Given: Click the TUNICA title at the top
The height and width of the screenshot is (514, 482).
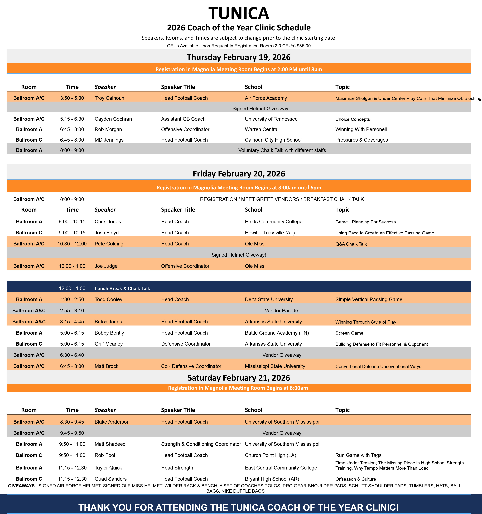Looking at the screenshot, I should [239, 13].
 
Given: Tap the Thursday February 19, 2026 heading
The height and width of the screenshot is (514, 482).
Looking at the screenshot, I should [239, 57].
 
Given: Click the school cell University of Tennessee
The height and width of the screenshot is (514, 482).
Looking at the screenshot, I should [271, 119].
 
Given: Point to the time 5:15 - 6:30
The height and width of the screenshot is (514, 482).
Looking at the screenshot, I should [72, 119].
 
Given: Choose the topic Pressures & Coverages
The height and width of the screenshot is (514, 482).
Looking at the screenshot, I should [361, 140].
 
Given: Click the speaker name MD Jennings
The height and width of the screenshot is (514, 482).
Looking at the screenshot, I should [109, 140].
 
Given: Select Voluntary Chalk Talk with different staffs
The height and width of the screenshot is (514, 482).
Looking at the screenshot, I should [282, 150].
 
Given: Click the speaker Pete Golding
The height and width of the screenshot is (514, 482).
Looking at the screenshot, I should [109, 244].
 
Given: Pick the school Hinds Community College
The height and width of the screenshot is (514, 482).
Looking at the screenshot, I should [273, 222].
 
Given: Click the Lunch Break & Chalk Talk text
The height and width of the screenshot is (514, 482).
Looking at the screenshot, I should [122, 289].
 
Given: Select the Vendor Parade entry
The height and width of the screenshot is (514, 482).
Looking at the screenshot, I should [281, 310].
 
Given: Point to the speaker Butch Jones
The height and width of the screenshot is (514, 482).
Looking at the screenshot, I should [108, 322].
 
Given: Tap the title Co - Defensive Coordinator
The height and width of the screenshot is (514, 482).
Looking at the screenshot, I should [191, 366].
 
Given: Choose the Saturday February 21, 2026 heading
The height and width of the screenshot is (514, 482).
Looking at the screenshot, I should [239, 378].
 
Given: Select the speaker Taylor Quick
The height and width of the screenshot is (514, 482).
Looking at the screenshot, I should [108, 468].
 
